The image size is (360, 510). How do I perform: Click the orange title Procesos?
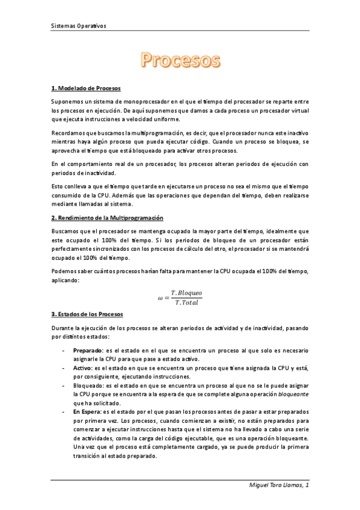click(x=181, y=60)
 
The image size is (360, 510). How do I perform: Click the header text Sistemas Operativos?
click(x=78, y=26)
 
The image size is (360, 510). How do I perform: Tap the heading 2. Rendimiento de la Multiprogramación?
click(x=108, y=217)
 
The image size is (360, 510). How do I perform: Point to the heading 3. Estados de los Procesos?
click(x=87, y=314)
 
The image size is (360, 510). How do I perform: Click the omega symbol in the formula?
click(x=160, y=296)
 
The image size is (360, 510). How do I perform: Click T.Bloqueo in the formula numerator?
click(x=186, y=292)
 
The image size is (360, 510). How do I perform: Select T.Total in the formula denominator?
click(x=186, y=301)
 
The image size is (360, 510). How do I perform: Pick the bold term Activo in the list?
click(x=83, y=367)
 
